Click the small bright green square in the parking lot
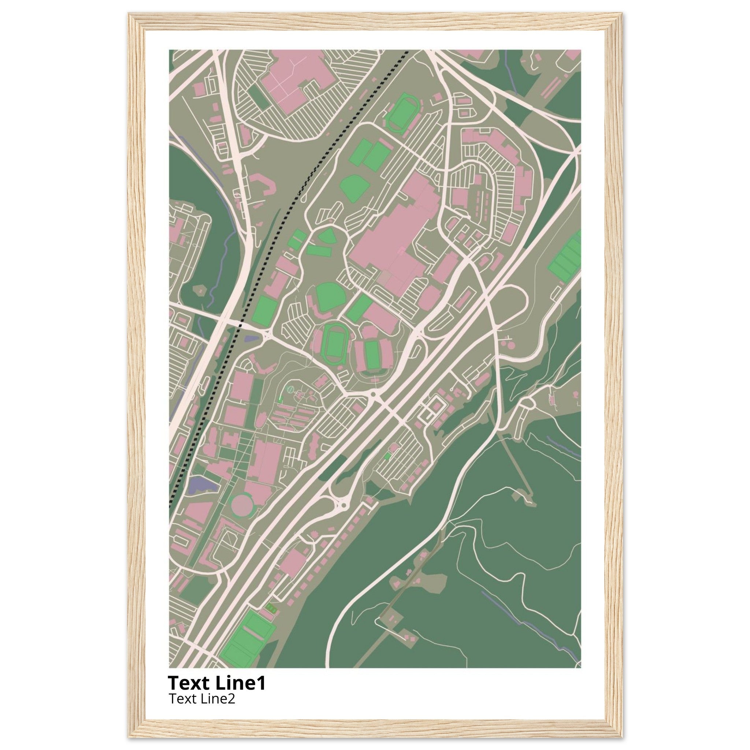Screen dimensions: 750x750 [386, 457]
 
